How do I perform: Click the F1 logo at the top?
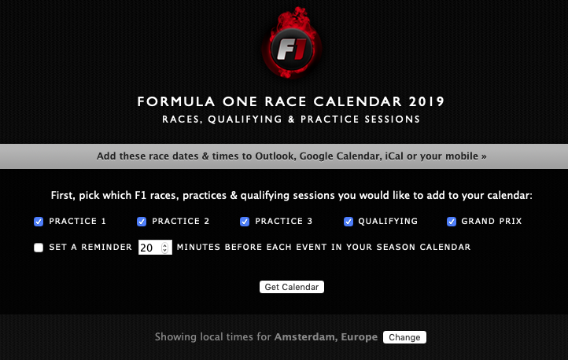pos(292,42)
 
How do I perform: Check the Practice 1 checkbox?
pos(39,222)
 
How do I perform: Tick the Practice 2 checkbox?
pos(142,222)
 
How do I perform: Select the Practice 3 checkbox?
pos(245,222)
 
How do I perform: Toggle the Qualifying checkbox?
pos(349,222)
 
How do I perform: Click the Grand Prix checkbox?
pos(452,222)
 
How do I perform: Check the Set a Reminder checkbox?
pos(39,248)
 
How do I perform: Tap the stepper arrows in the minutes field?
pos(165,248)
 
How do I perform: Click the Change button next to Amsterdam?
pos(404,337)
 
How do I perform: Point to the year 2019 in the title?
pos(426,101)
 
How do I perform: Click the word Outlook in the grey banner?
pos(275,156)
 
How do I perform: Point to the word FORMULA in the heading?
pos(176,101)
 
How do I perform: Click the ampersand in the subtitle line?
pos(291,119)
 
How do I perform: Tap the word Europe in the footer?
pos(359,337)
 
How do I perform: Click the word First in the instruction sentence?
pos(62,196)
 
